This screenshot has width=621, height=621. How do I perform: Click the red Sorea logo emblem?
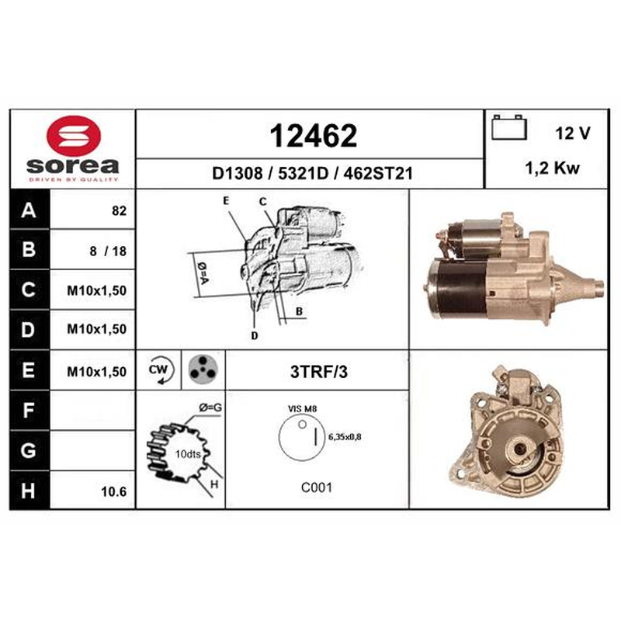click(74, 135)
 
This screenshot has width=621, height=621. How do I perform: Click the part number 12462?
click(313, 136)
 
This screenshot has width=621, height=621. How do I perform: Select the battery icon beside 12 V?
click(509, 127)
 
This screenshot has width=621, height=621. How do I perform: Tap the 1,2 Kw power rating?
click(552, 168)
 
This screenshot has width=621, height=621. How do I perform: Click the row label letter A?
click(29, 210)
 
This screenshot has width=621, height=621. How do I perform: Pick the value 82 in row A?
click(120, 210)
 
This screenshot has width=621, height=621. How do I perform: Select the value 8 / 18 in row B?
click(108, 251)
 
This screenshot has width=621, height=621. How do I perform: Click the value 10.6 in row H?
click(113, 491)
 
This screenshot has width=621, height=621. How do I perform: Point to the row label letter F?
click(28, 410)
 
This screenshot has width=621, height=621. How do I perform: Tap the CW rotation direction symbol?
click(159, 370)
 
